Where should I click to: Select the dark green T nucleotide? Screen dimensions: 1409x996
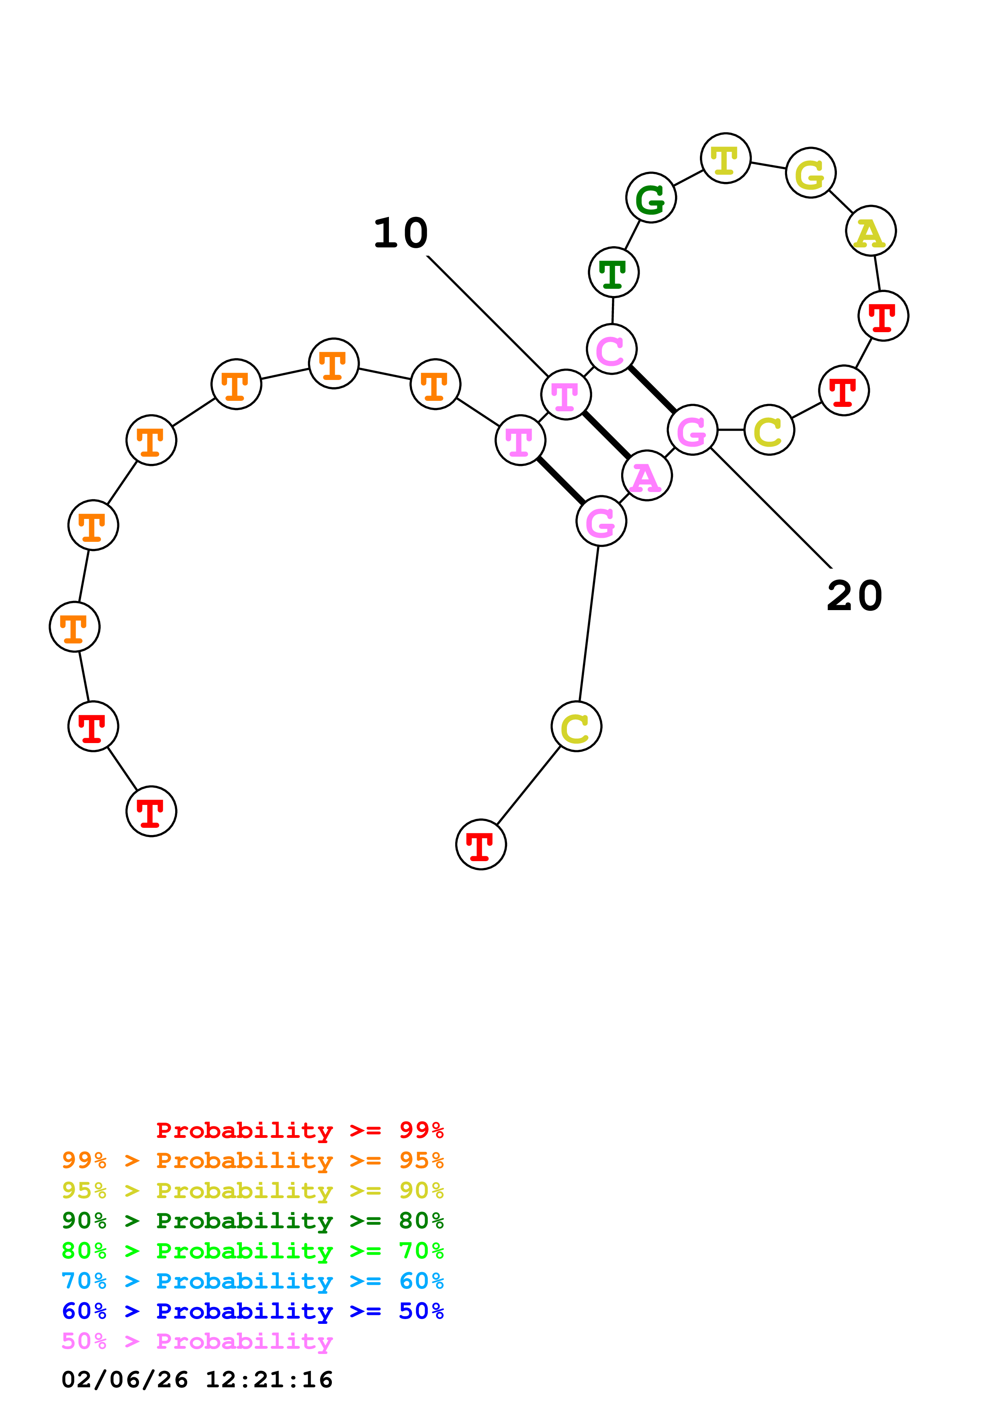[x=613, y=272]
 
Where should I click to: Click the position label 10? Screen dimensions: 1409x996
[x=401, y=233]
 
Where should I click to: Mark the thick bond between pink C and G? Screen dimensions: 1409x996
[x=652, y=389]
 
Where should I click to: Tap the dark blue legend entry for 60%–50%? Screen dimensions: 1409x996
[x=252, y=1311]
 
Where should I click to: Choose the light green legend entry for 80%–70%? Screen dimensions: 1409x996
[x=252, y=1251]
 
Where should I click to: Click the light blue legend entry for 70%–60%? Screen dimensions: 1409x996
[x=252, y=1281]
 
